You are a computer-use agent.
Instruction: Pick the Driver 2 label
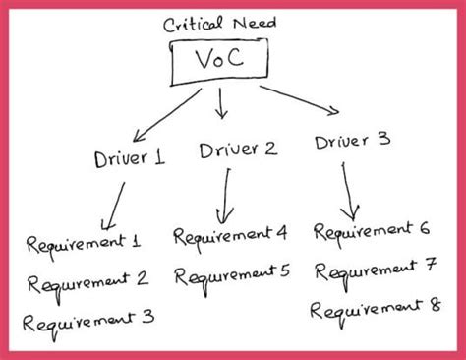pos(237,150)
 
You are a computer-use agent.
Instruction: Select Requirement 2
pos(88,282)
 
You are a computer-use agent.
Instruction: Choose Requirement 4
pos(231,235)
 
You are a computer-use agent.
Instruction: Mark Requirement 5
pos(232,272)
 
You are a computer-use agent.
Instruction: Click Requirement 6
pos(372,231)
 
